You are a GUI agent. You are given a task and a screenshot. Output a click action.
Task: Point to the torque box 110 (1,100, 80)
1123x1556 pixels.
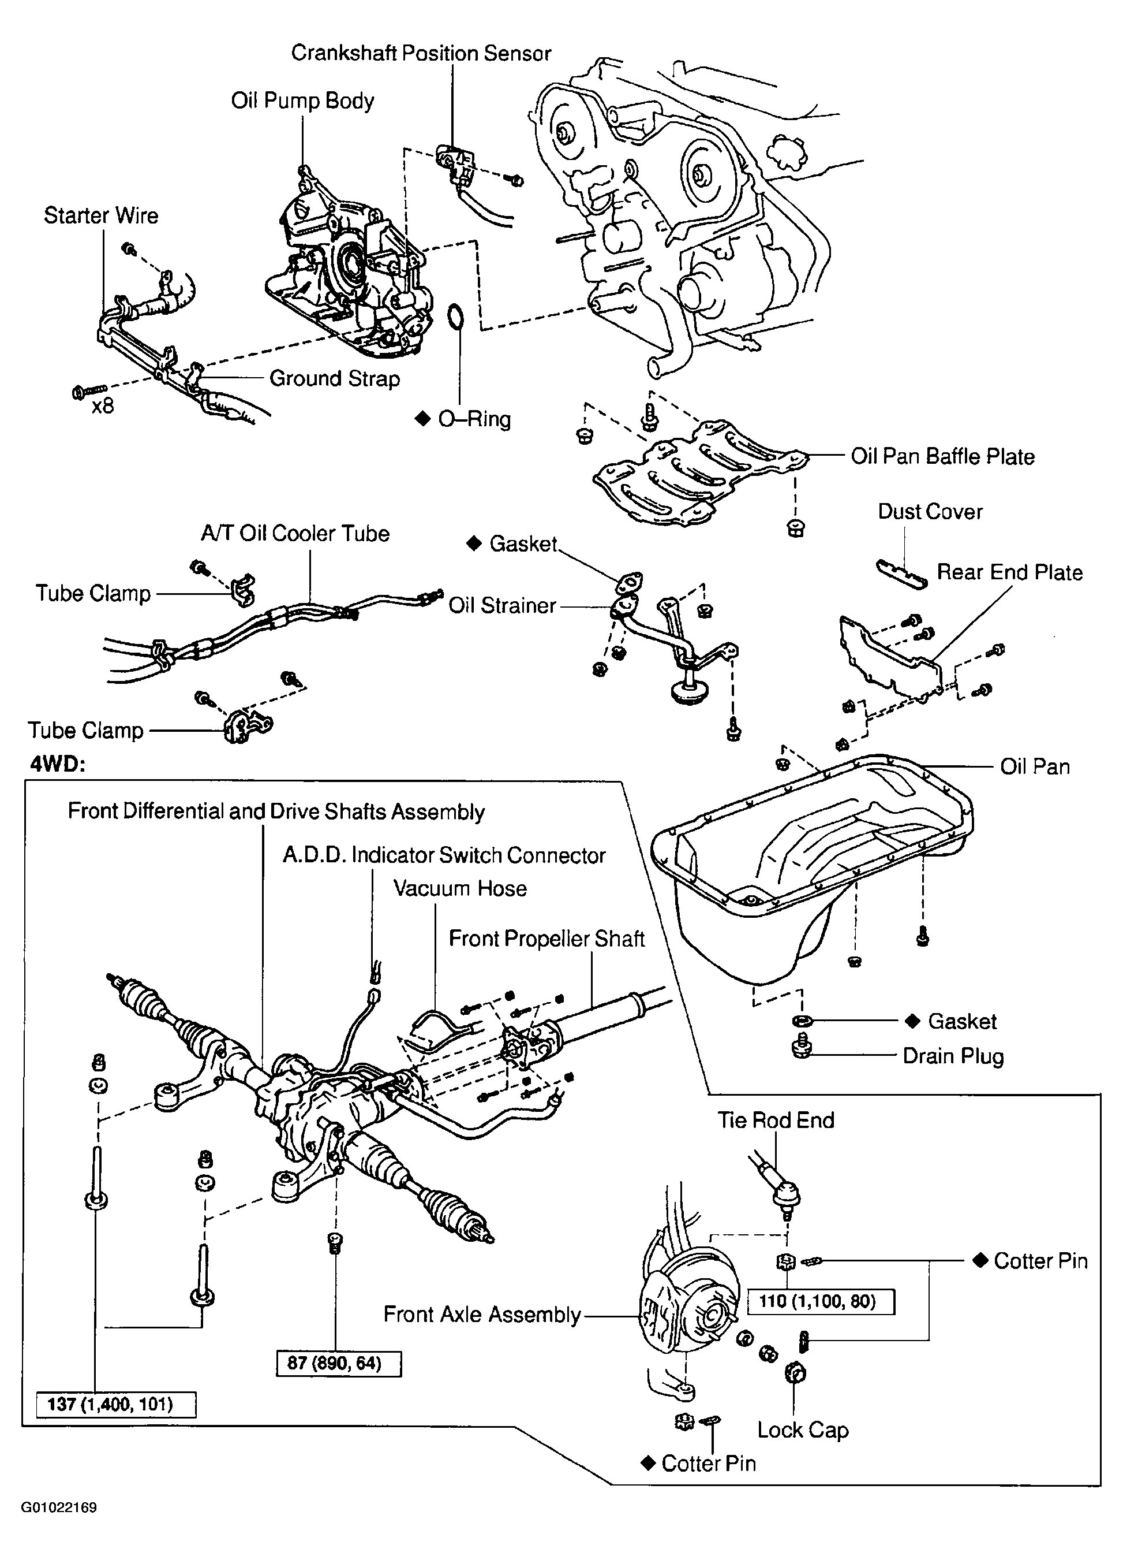click(820, 1301)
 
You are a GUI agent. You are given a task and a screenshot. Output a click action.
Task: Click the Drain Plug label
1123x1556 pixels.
click(953, 1056)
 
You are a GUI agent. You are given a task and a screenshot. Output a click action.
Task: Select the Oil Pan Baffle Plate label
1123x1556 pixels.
click(942, 456)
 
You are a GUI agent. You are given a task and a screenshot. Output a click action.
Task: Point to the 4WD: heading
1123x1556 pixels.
click(58, 764)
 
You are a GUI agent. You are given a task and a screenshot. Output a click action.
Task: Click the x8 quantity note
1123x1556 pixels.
click(103, 406)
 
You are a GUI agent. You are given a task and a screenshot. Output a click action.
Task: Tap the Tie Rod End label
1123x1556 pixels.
click(776, 1121)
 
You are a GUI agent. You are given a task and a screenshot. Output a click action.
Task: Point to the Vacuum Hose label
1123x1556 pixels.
click(460, 888)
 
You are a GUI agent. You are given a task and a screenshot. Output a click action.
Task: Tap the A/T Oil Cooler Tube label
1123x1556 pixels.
click(295, 534)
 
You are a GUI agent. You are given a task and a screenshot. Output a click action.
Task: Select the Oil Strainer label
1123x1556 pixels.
click(502, 606)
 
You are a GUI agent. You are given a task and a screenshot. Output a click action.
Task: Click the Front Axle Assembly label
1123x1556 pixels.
click(482, 1315)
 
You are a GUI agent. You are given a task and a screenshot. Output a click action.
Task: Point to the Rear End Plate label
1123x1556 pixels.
click(1009, 572)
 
